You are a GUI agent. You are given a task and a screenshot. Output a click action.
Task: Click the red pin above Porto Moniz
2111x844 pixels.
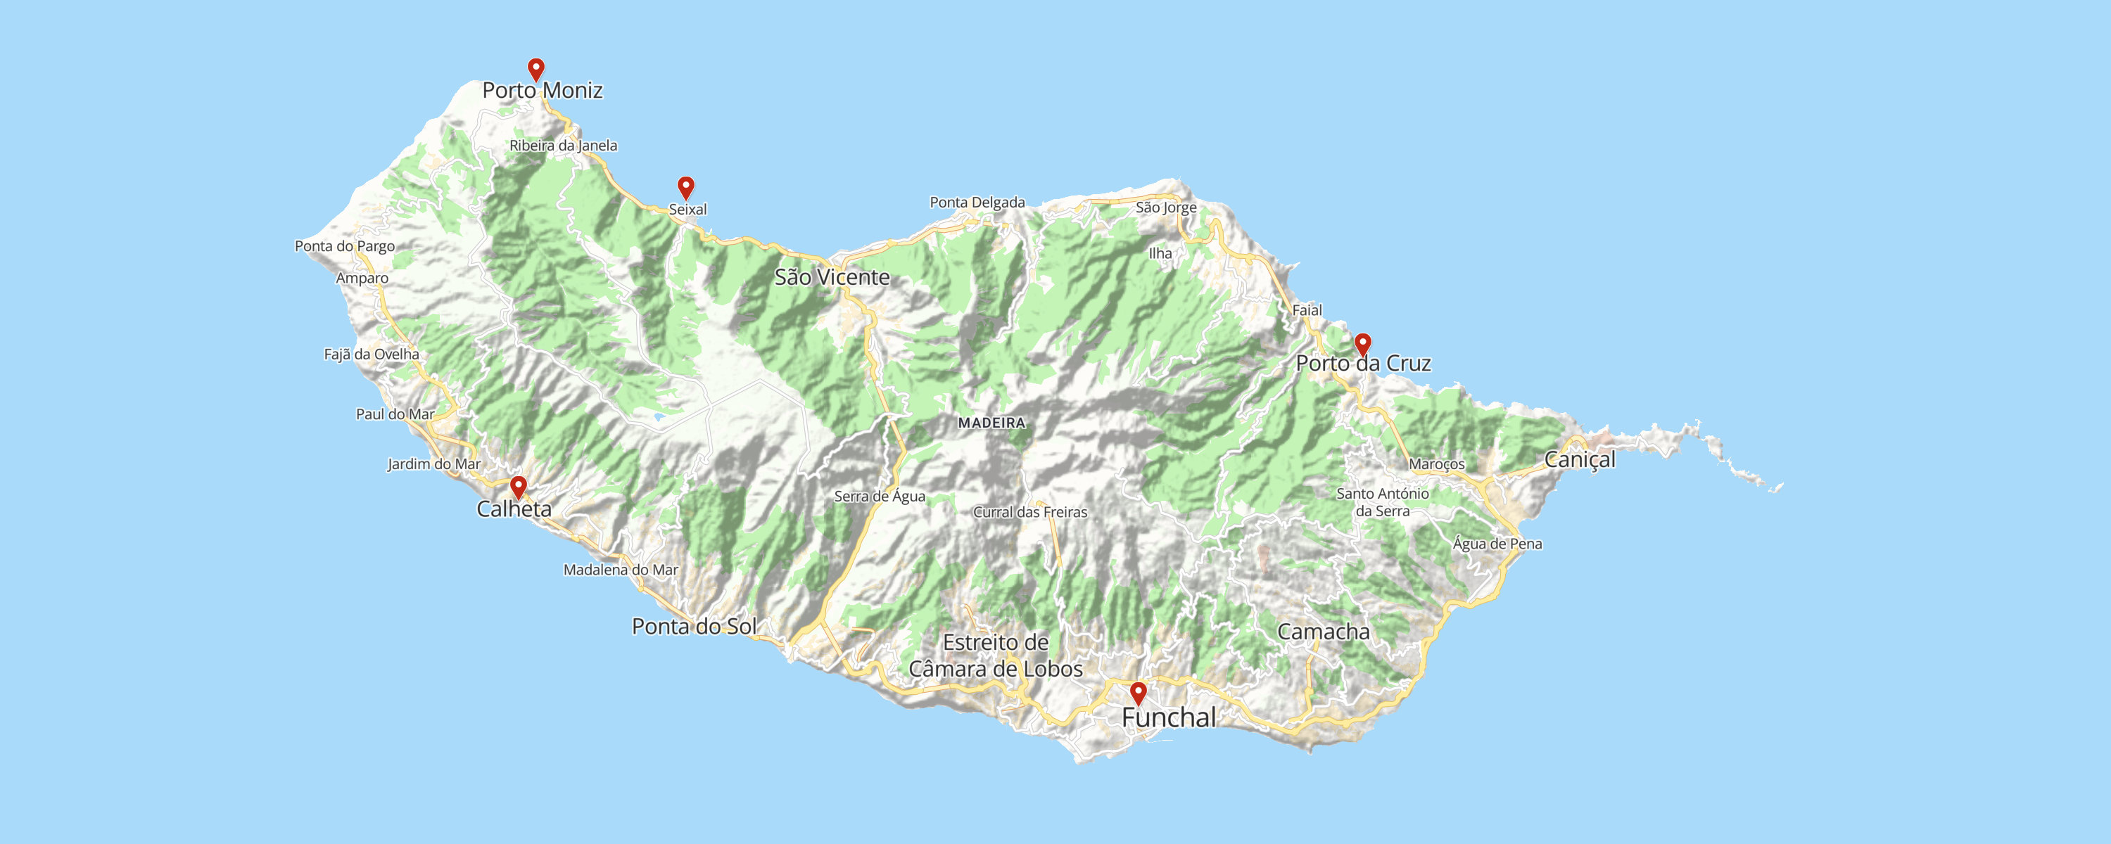(536, 69)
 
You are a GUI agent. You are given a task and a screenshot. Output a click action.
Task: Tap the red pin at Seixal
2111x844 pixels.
(686, 187)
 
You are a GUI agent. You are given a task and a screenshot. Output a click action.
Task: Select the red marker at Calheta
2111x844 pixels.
(518, 487)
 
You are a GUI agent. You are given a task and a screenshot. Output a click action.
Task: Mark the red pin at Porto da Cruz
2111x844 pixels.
(1362, 344)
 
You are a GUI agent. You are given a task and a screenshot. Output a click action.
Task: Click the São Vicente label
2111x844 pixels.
(832, 277)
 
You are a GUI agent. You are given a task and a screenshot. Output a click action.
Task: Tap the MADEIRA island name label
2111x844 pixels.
(991, 423)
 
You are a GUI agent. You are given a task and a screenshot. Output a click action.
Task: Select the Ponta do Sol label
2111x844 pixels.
(694, 626)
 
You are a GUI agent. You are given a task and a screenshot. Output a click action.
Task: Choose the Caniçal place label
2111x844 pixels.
(1579, 460)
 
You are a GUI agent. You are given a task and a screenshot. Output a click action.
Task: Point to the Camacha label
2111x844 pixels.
(1324, 632)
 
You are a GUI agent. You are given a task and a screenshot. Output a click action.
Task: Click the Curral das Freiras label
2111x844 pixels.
(1030, 512)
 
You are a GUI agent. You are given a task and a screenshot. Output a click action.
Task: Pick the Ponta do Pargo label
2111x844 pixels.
(345, 246)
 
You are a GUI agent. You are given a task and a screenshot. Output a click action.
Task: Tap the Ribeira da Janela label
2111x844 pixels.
(564, 146)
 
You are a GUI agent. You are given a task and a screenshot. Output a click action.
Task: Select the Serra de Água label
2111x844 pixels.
(880, 496)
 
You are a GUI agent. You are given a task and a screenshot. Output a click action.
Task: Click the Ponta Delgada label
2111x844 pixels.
(977, 203)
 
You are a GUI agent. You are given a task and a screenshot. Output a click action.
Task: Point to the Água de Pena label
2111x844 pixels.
(1497, 543)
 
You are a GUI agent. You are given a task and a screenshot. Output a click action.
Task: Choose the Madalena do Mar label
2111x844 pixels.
(621, 570)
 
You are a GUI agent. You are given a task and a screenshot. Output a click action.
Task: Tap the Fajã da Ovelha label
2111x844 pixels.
(372, 354)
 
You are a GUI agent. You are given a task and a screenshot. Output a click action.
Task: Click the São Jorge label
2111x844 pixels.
(1166, 207)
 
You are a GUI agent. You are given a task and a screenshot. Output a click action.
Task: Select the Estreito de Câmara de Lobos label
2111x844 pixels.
(996, 656)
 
